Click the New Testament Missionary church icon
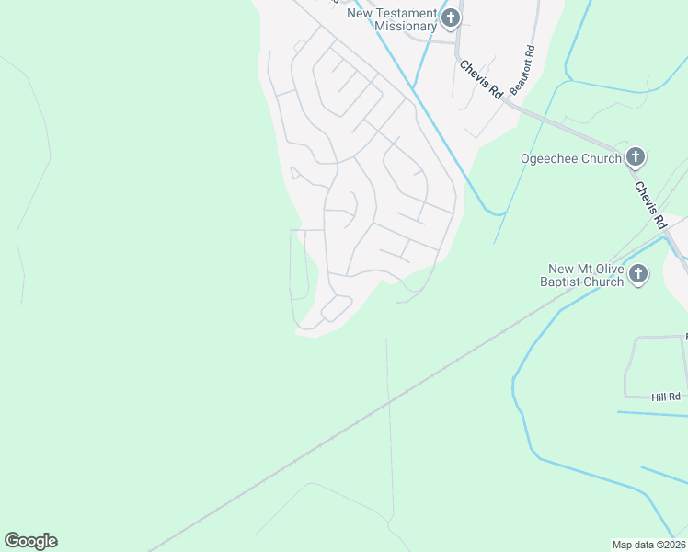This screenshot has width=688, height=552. coord(451,17)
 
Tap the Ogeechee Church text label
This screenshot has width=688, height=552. coord(571,158)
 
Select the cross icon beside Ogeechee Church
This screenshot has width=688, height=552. coord(635,158)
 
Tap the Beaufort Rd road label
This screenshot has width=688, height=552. coord(522,70)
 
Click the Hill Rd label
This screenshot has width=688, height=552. coord(665,397)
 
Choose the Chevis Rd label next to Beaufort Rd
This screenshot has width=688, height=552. coord(481,79)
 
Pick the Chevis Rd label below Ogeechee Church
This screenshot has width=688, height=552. coord(649,203)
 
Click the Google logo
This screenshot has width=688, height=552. coord(30,541)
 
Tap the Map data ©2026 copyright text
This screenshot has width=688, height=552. coord(648,545)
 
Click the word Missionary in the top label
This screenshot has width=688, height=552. coord(405,26)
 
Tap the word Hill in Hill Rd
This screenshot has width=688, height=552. coord(659,397)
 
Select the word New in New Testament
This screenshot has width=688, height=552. coord(360,13)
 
